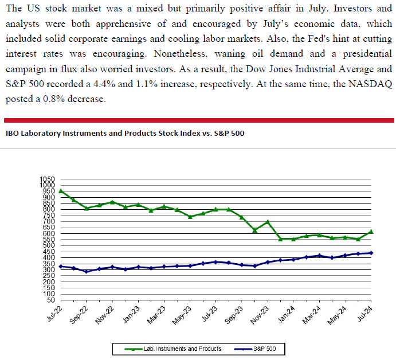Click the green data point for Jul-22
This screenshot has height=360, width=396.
pyautogui.click(x=61, y=191)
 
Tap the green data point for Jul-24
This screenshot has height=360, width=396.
pyautogui.click(x=371, y=232)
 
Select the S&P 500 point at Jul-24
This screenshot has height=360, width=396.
pyautogui.click(x=371, y=253)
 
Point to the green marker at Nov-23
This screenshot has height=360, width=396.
pyautogui.click(x=268, y=222)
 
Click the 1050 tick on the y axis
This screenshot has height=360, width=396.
pyautogui.click(x=48, y=179)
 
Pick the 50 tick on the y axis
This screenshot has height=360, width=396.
pyautogui.click(x=51, y=300)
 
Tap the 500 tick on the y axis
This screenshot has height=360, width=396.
pyautogui.click(x=48, y=245)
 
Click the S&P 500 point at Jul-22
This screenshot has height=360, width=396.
pyautogui.click(x=61, y=267)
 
